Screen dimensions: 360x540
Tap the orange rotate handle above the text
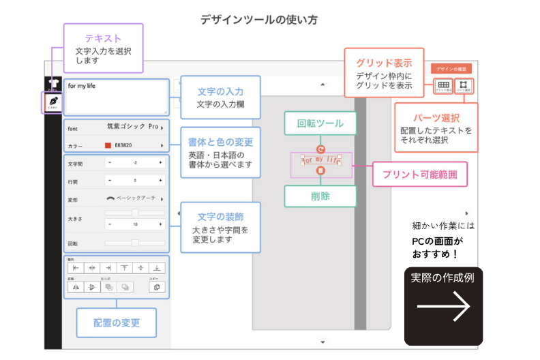(x=321, y=149)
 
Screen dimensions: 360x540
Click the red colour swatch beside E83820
(x=108, y=145)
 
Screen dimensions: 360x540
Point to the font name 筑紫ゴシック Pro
(x=133, y=127)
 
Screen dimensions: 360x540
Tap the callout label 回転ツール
(x=320, y=123)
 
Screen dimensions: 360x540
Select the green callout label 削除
(x=320, y=196)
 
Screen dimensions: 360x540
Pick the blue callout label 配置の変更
(x=116, y=323)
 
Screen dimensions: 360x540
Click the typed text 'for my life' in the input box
(x=82, y=87)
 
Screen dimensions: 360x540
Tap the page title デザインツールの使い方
(x=259, y=20)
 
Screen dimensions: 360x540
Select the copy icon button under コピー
(x=156, y=287)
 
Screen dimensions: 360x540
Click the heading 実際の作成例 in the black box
(x=442, y=277)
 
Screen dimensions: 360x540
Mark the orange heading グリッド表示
(x=385, y=63)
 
